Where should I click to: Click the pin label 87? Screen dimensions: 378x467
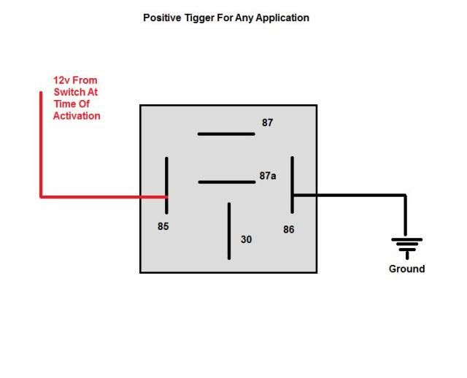[x=268, y=123]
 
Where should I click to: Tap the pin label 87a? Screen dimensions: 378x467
[x=268, y=176]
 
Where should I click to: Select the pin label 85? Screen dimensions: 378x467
[x=163, y=226]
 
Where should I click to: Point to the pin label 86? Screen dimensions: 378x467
[x=289, y=229]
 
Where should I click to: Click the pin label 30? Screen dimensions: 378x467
[x=246, y=239]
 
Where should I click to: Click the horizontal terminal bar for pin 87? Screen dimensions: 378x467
[x=225, y=134]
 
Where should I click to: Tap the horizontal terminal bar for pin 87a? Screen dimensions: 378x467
[x=225, y=182]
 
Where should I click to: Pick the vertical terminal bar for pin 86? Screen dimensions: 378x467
[x=292, y=185]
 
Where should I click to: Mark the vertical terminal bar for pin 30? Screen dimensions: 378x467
[x=229, y=231]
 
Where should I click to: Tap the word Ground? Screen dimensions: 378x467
[x=406, y=269]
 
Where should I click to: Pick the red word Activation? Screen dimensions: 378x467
[x=77, y=116]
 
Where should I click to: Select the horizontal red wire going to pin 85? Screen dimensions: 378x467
[x=102, y=196]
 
